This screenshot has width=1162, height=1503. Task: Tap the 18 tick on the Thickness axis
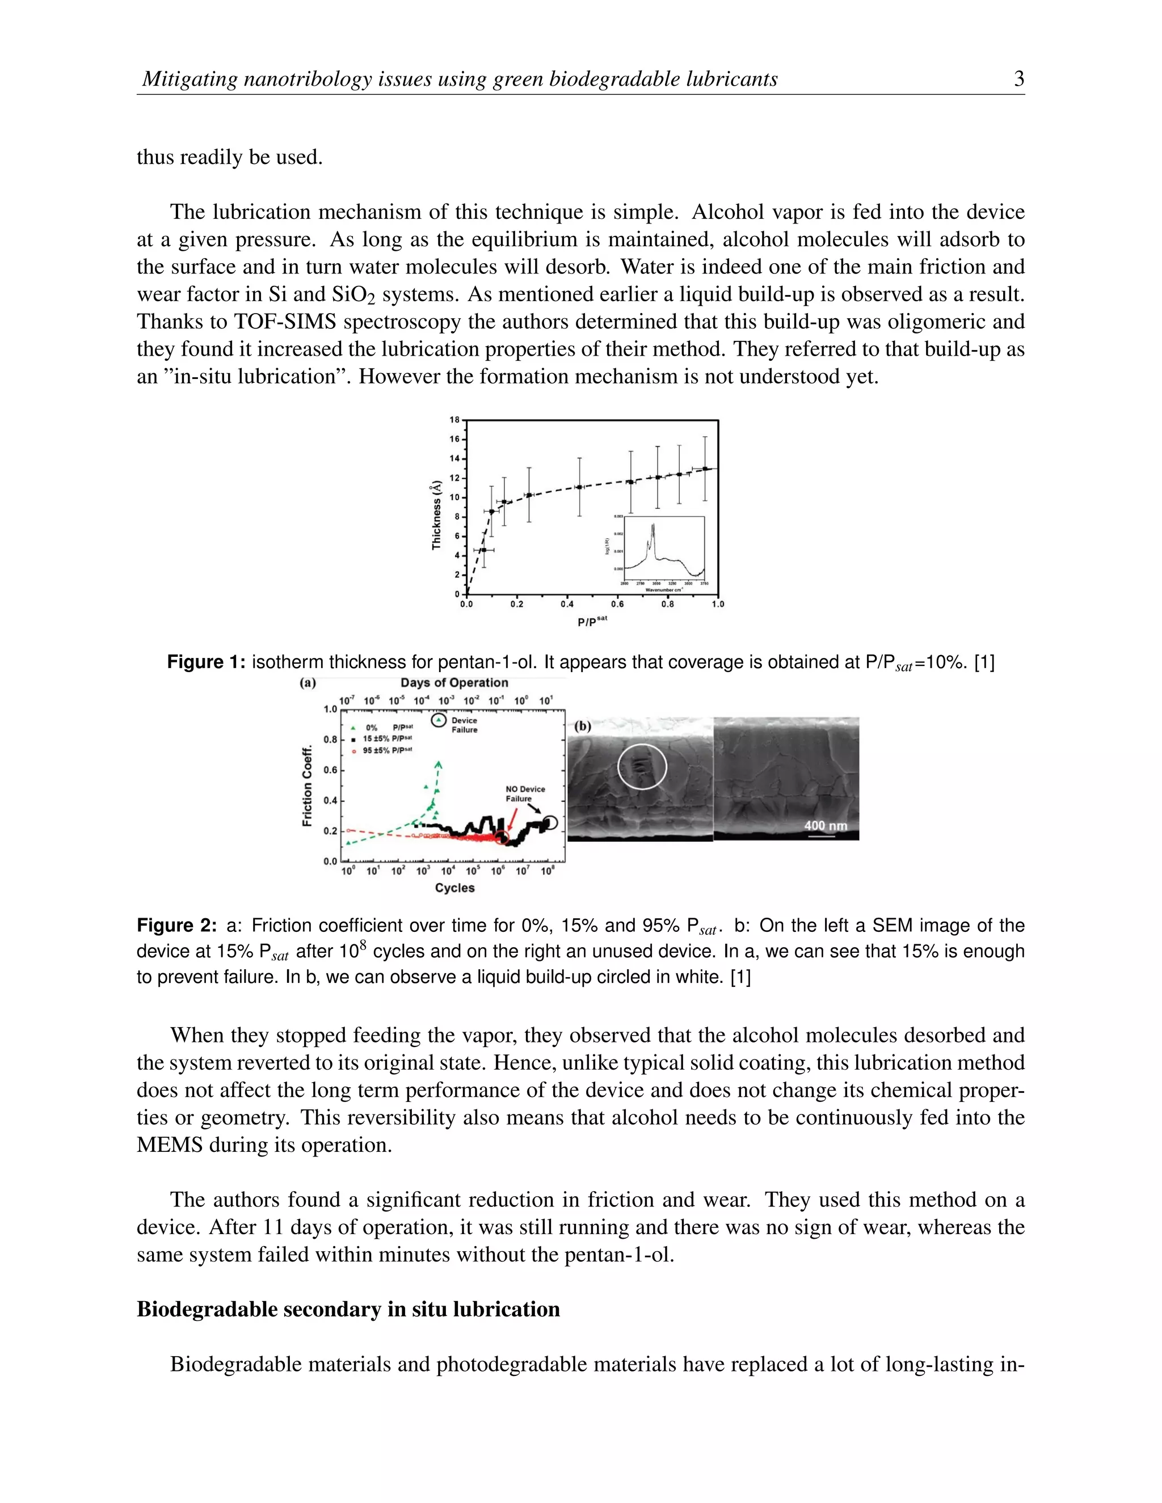tap(454, 420)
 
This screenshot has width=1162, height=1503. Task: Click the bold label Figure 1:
tap(206, 662)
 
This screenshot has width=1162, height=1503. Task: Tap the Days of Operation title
tap(454, 683)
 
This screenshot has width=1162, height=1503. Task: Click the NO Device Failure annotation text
tap(525, 793)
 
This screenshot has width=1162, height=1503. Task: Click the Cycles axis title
tap(454, 888)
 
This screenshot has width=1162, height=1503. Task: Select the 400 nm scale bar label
tap(826, 825)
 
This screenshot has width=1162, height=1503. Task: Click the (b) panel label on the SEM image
tap(582, 726)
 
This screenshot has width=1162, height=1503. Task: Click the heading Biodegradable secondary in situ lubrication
tap(348, 1309)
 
